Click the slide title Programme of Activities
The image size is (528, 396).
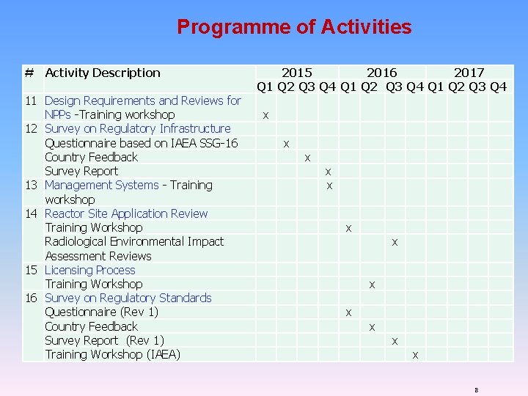[x=294, y=28]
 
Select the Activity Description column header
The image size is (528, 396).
[x=102, y=73]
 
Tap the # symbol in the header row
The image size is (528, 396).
[x=29, y=73]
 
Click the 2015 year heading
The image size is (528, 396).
[x=296, y=73]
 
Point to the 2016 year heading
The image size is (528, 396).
[x=381, y=73]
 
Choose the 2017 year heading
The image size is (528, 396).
[x=469, y=73]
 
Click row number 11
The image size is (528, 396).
[x=32, y=100]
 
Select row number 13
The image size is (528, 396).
[x=32, y=186]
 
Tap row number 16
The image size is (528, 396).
[x=32, y=298]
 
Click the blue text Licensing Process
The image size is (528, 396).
[x=89, y=270]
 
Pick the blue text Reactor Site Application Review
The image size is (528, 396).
[x=126, y=213]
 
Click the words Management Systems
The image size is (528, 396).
[x=101, y=186]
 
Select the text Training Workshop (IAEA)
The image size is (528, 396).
[x=112, y=355]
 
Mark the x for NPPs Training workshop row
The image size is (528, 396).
[x=265, y=115]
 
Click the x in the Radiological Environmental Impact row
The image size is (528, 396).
[x=395, y=241]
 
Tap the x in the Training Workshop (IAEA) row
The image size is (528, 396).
[x=415, y=355]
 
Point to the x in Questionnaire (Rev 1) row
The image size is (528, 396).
[x=348, y=312]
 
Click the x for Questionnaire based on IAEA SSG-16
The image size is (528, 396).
[x=286, y=143]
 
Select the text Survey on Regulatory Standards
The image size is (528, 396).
[x=128, y=298]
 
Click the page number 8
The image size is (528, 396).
[x=476, y=390]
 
